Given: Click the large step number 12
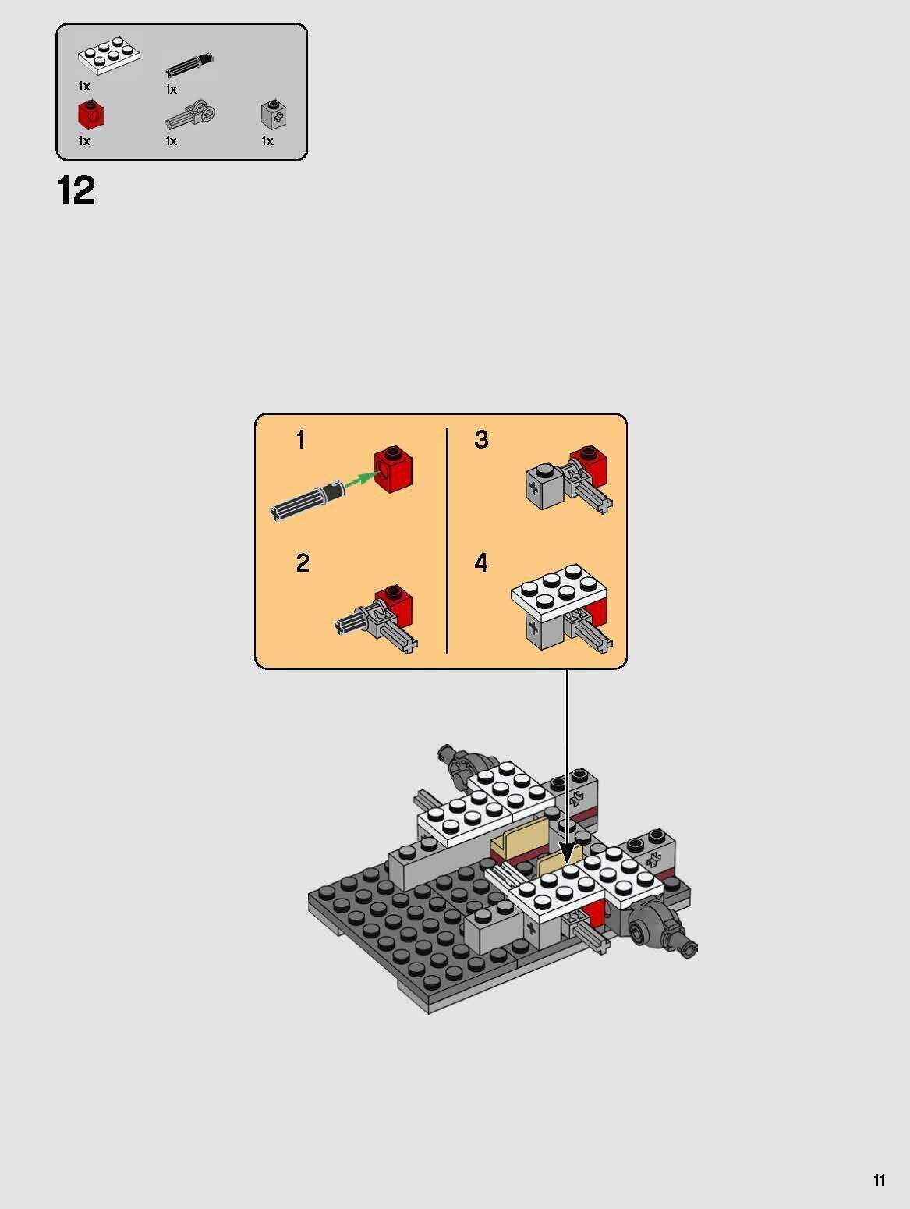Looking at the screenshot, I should tap(76, 191).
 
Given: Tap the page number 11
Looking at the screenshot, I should tap(879, 1180).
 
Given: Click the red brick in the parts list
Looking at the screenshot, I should tap(91, 115).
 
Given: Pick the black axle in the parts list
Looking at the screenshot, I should tap(189, 65).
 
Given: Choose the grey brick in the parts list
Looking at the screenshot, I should tap(271, 115).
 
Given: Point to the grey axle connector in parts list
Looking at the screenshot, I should tap(189, 116).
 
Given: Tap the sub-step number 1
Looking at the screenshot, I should tap(301, 441).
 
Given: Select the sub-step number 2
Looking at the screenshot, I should tap(303, 563).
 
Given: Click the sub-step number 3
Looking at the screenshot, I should tap(481, 440).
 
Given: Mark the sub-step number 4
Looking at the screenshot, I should tap(481, 562).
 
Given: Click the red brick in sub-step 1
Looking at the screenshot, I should tap(394, 470).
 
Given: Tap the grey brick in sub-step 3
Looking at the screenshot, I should tap(544, 488).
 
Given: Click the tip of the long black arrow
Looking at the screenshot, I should tap(567, 861).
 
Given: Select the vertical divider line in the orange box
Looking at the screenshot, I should tap(447, 541).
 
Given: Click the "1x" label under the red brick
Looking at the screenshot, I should tap(84, 141).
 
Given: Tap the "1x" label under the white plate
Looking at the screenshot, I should tap(84, 86).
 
